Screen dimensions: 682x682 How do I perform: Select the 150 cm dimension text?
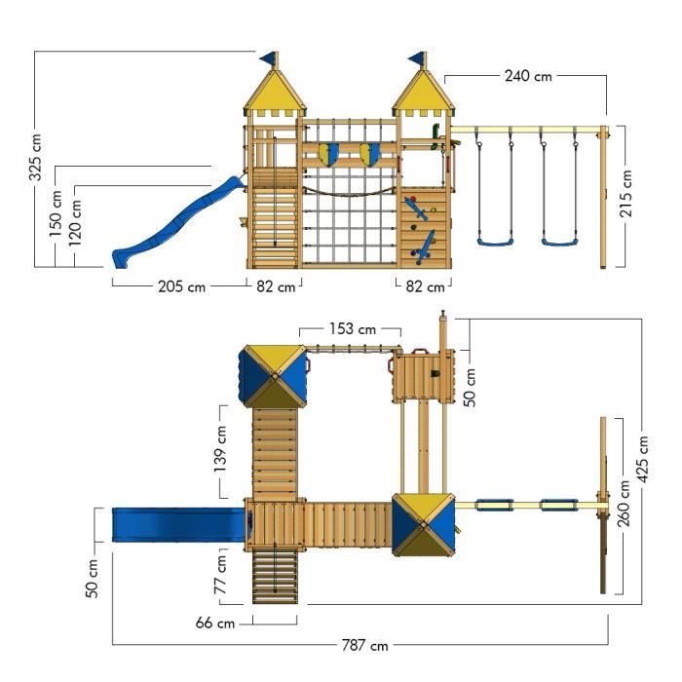click(57, 215)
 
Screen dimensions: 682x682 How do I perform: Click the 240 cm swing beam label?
click(529, 76)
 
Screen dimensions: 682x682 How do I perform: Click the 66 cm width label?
click(213, 623)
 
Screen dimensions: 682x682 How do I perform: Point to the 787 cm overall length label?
click(363, 645)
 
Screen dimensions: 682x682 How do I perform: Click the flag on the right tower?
click(417, 58)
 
